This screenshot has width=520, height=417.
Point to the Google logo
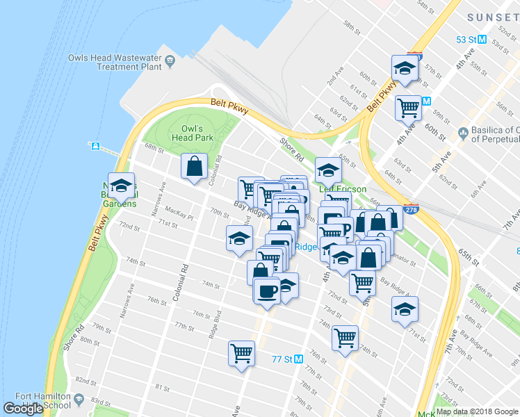(x=23, y=409)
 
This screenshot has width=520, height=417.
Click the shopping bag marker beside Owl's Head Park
(x=194, y=165)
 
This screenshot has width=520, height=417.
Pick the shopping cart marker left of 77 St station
(x=241, y=353)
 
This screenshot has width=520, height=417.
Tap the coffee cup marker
(x=266, y=291)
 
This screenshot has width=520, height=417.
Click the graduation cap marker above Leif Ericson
(x=328, y=169)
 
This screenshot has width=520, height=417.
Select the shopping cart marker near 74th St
(x=346, y=338)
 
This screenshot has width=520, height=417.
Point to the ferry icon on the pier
(x=96, y=147)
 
